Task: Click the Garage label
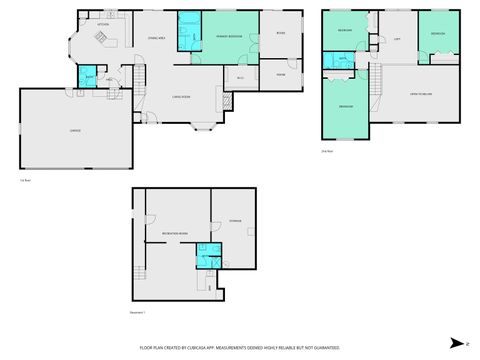[75, 131]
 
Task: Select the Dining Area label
[155, 37]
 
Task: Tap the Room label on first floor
[280, 34]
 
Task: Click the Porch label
[281, 74]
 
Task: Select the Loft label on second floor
[397, 38]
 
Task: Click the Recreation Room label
[176, 232]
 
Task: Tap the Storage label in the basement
[234, 218]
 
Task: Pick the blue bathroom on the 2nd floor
[342, 61]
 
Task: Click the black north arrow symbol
[454, 342]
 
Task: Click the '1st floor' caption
[24, 180]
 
